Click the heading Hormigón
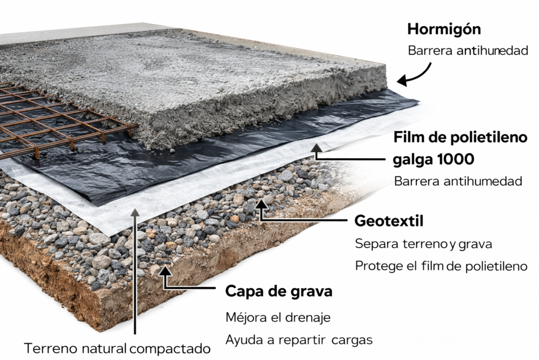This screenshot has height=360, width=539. [444, 30]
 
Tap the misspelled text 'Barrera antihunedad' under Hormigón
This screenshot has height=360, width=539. [468, 51]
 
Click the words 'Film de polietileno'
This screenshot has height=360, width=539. [460, 138]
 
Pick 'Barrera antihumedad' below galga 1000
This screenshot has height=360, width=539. [458, 181]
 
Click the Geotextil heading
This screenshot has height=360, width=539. [389, 221]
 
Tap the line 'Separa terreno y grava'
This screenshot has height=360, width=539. [424, 244]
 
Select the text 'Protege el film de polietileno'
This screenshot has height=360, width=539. [441, 266]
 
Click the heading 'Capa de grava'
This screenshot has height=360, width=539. [279, 291]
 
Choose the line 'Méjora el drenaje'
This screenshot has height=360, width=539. [278, 317]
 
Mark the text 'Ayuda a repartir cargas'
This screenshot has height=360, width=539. [299, 340]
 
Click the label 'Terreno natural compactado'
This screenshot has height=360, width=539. [117, 348]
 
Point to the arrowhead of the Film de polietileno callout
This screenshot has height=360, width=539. [316, 148]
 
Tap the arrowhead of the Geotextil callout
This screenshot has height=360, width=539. [262, 204]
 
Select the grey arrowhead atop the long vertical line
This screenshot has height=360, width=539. [135, 212]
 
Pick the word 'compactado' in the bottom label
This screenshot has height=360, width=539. [170, 349]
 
